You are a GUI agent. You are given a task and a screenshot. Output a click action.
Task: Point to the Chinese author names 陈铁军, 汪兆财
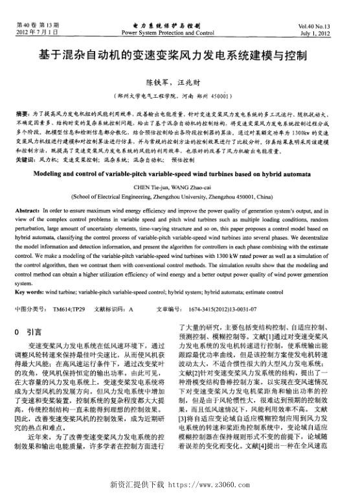[180, 83]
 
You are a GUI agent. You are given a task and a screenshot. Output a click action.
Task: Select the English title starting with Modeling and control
[179, 174]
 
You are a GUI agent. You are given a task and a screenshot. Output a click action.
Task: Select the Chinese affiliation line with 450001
[180, 101]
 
